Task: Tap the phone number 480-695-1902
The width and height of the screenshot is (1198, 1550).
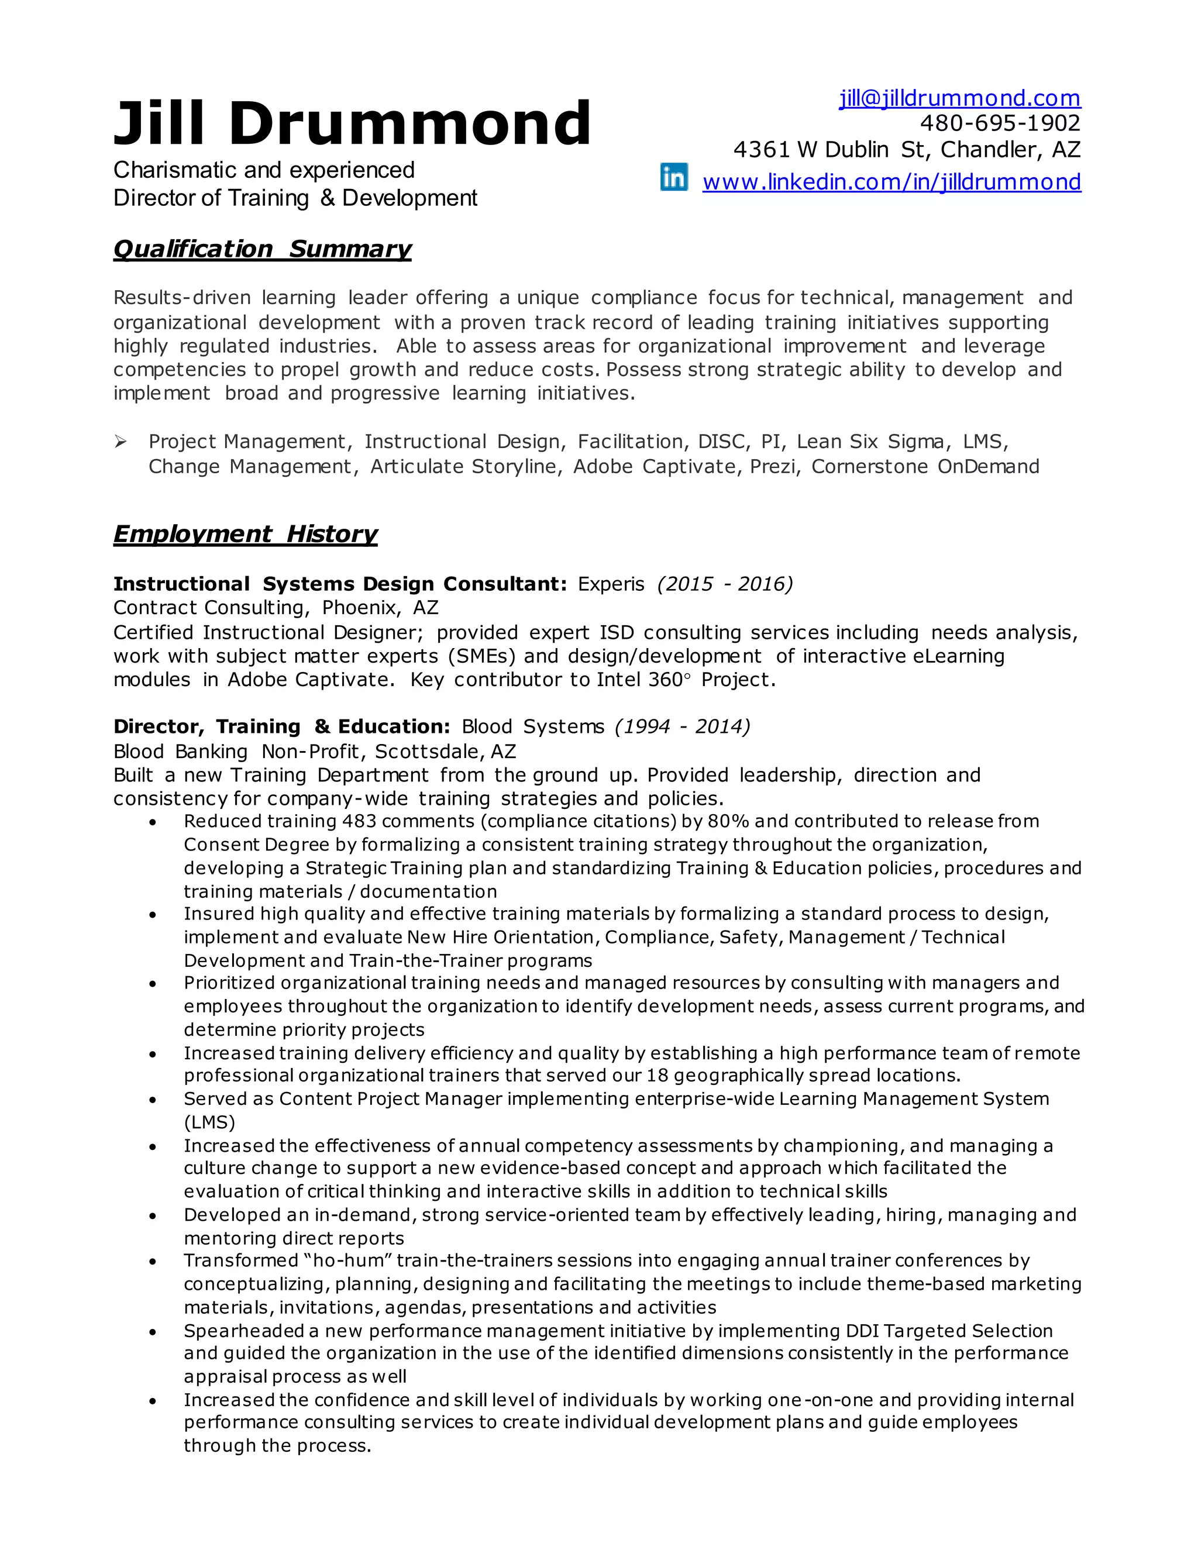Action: pos(1000,123)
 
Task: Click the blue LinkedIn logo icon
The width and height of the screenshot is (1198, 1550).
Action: pos(673,177)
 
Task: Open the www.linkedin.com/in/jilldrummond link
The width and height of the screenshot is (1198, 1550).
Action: pos(891,182)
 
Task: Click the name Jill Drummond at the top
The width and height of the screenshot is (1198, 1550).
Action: pos(352,123)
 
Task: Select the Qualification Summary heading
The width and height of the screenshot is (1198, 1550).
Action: pos(262,249)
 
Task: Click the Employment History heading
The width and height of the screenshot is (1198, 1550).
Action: pos(245,533)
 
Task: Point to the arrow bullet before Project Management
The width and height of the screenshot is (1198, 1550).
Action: pos(121,442)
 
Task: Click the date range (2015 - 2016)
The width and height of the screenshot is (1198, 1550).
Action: pos(725,584)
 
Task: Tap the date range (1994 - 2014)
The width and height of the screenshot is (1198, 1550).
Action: pos(682,726)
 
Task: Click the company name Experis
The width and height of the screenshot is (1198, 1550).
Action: pos(611,584)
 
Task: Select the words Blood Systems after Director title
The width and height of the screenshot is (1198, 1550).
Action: pos(533,726)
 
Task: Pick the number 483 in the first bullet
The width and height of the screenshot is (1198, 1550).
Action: pos(359,821)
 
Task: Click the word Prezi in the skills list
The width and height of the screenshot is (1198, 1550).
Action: pos(772,467)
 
